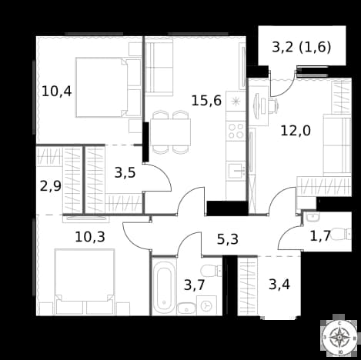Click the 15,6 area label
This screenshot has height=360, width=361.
(206, 101)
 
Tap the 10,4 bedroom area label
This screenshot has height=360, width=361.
(57, 92)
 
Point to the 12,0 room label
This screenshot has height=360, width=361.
(296, 131)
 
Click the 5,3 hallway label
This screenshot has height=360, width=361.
(228, 239)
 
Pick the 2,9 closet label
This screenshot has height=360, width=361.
(51, 186)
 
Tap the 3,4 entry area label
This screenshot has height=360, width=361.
(279, 285)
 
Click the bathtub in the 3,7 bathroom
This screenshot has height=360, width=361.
(164, 287)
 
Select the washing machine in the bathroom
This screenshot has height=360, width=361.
(206, 305)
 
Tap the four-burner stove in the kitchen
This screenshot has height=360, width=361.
(236, 131)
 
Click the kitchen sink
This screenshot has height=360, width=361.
(237, 171)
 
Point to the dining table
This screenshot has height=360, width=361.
(170, 132)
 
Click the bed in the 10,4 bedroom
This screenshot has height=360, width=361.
(109, 88)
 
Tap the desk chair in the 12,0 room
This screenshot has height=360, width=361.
(273, 105)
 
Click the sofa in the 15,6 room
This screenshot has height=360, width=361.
(159, 66)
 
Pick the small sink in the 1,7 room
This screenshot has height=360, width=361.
(313, 217)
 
